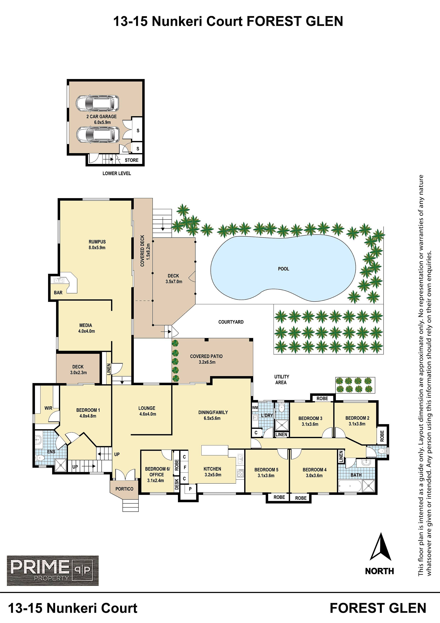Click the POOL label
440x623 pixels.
[284, 269]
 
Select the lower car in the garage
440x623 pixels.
[98, 135]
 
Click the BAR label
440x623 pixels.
[58, 292]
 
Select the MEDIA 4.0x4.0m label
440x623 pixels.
[86, 328]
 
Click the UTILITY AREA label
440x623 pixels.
[281, 379]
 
